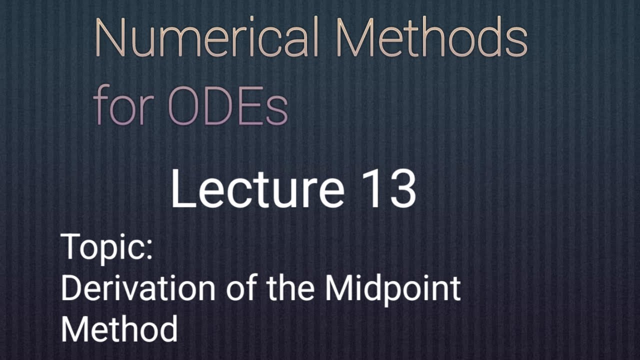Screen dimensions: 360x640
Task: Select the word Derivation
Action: [138, 288]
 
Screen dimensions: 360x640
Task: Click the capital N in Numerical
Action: [109, 37]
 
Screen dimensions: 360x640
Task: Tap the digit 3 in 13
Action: [402, 189]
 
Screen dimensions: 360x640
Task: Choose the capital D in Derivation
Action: [72, 288]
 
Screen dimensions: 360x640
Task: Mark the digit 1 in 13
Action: [375, 189]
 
